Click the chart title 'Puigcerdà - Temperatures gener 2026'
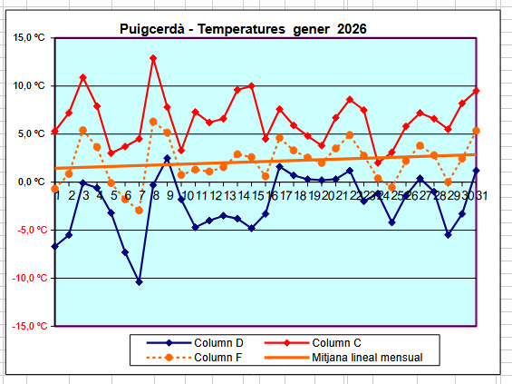243,29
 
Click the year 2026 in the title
352,29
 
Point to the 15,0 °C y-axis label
29,37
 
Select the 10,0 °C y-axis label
29,85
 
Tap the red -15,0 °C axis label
29,326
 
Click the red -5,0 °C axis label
32,230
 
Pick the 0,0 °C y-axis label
32,182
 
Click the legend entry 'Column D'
218,343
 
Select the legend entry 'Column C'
336,343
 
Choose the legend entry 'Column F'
217,357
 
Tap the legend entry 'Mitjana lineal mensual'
367,357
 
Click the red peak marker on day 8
153,58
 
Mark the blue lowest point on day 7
140,282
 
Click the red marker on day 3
83,77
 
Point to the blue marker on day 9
167,158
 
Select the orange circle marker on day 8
153,122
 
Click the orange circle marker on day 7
140,211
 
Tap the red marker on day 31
476,91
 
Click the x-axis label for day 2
72,195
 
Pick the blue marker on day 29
448,235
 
